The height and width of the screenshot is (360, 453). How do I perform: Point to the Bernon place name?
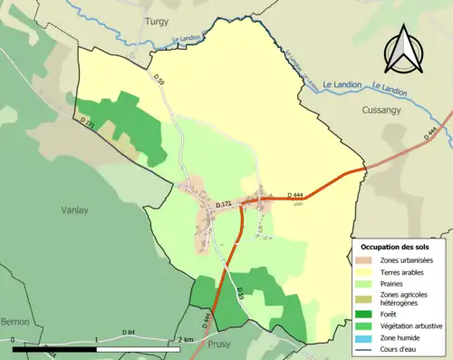click(15, 321)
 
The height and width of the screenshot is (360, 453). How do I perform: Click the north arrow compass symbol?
click(403, 49)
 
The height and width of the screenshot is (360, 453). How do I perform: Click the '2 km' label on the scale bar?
click(186, 339)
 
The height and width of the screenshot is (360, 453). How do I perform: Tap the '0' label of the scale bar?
click(14, 339)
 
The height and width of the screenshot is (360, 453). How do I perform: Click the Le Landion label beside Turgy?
click(186, 39)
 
